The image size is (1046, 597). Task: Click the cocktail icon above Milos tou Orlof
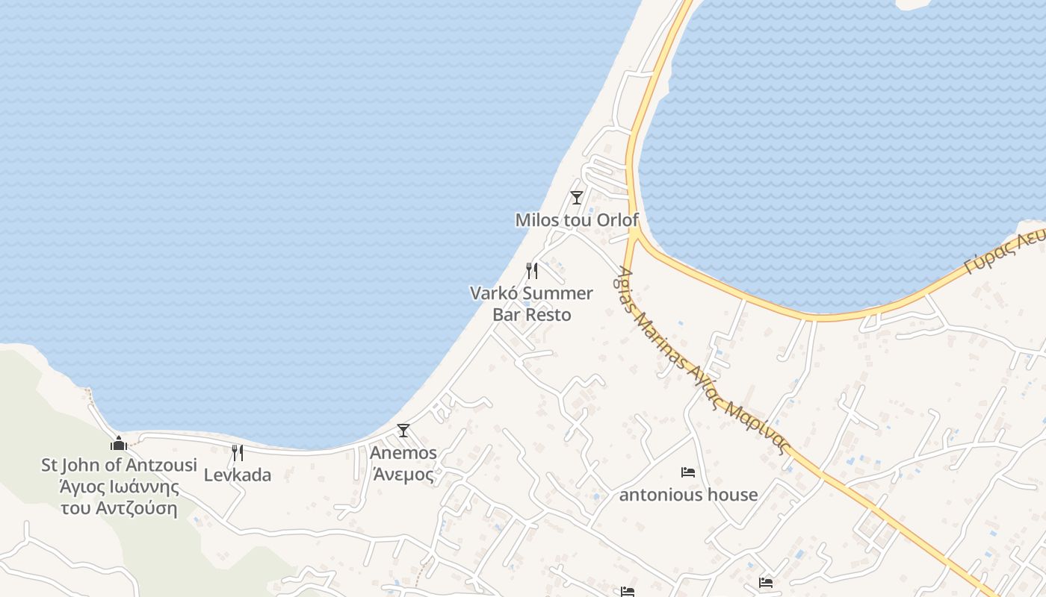[576, 198]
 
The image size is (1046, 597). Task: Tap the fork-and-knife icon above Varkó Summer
[531, 270]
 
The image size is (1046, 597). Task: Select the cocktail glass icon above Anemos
[403, 431]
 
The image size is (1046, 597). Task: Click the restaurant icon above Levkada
[237, 452]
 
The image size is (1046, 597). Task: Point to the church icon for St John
[118, 443]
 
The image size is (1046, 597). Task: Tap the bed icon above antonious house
[688, 472]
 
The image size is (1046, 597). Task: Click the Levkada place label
[238, 475]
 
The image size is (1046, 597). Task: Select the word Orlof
[617, 220]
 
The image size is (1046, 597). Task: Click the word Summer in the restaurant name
[557, 293]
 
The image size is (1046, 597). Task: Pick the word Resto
[548, 315]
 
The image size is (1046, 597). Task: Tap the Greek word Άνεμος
[403, 475]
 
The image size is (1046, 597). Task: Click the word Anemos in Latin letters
[403, 453]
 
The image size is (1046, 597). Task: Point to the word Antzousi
[161, 466]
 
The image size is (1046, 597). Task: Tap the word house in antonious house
[733, 495]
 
